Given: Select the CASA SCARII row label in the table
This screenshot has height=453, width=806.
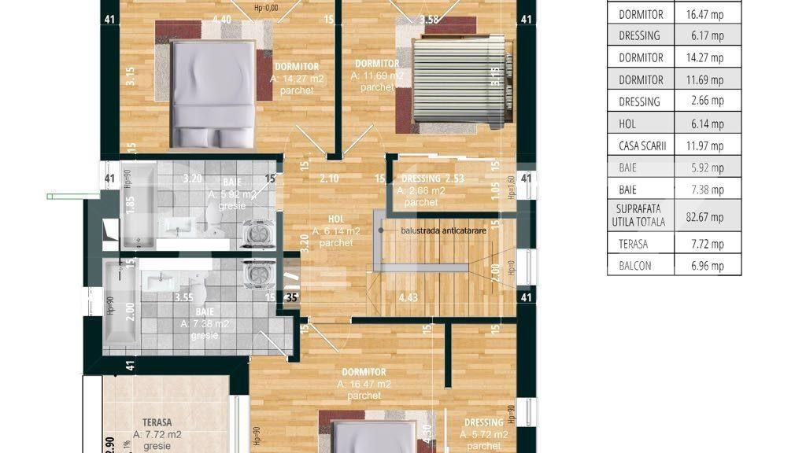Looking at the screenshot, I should (641, 145).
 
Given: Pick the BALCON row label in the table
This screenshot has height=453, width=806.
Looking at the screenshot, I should (635, 266).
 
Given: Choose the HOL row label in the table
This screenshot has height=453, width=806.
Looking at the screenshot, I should (627, 123).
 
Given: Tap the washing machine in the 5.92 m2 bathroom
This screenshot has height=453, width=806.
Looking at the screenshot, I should (257, 234).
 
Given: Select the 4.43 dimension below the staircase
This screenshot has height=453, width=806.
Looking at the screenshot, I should (408, 297).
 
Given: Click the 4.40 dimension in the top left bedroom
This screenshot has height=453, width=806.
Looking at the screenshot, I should (222, 20).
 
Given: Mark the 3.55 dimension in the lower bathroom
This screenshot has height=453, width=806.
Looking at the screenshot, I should (184, 297).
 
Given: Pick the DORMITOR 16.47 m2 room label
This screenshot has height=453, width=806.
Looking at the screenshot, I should (364, 383).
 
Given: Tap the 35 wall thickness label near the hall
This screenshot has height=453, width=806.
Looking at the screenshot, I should (292, 297).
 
